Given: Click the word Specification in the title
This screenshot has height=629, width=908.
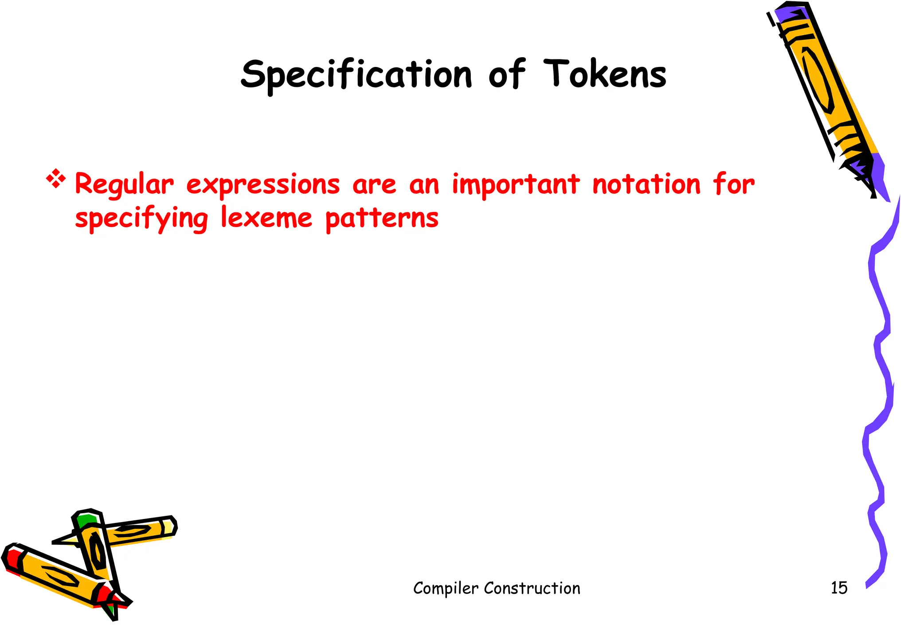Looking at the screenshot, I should tap(356, 75).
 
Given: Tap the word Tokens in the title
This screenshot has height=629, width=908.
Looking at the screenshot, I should tap(605, 75).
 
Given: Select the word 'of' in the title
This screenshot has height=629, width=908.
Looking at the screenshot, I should tap(507, 75).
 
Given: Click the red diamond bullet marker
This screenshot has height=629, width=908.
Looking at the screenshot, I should tap(56, 179).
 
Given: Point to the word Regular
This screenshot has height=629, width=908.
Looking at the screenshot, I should tap(124, 185).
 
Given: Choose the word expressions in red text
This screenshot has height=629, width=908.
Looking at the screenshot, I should tap(263, 185).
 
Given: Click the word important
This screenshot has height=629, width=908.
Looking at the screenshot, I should tap(516, 185).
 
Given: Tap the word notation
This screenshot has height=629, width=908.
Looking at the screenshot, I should tap(646, 185).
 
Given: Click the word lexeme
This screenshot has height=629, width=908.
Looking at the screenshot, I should tap(266, 218).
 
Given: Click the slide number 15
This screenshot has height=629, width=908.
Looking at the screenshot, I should tap(839, 588).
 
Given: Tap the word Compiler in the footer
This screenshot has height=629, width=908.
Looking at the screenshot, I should tap(446, 589).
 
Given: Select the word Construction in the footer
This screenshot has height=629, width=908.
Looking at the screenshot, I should tap(532, 588).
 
